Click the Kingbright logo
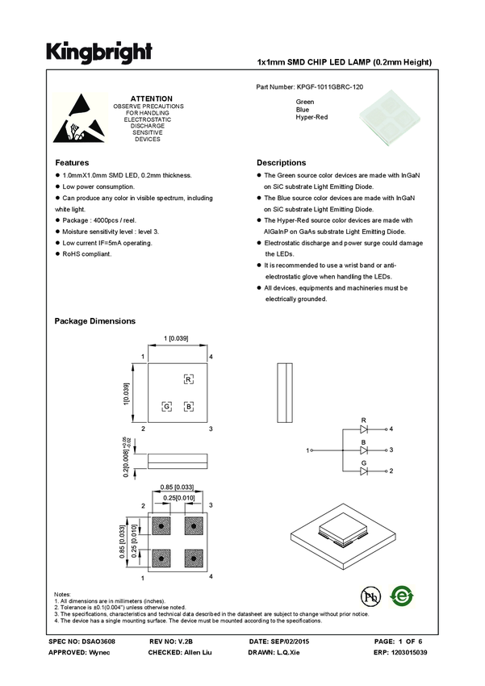click(99, 52)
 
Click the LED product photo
click(389, 119)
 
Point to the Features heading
click(72, 162)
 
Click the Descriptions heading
click(281, 162)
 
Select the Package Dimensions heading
click(94, 321)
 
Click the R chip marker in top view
click(188, 379)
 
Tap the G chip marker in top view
click(167, 406)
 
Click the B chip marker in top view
click(188, 406)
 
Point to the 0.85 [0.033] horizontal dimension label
click(177, 487)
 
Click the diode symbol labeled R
click(364, 429)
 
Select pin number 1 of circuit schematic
click(308, 450)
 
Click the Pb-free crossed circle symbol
click(370, 597)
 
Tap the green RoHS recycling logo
click(401, 596)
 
